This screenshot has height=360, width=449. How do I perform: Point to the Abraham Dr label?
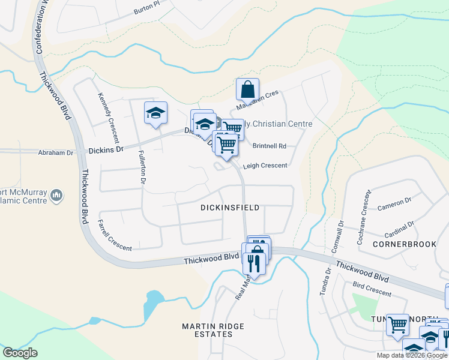coord(55,153)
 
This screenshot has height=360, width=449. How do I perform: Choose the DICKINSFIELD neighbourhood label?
coord(230,208)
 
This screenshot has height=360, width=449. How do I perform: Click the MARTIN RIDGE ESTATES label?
coord(214,330)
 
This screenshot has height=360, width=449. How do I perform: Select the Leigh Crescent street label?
coord(265,166)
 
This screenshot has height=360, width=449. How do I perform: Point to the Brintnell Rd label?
coord(270,146)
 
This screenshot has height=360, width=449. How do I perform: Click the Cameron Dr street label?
coord(394,204)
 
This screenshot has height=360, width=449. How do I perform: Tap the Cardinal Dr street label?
coord(399,229)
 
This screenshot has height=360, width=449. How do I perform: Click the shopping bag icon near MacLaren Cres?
coord(247,90)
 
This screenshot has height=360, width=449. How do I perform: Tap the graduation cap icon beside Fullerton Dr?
coord(155,113)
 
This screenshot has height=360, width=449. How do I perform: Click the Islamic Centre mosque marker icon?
coord(57,194)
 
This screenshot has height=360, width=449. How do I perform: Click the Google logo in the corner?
coord(20,353)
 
